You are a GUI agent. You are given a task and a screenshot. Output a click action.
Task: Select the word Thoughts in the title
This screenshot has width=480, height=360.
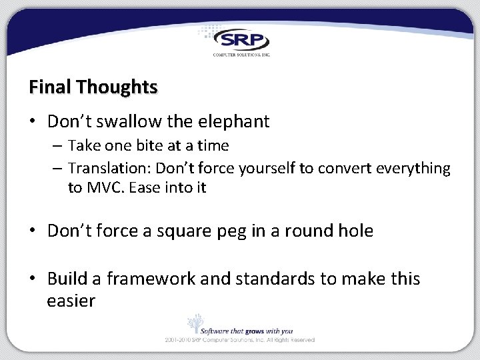(x=117, y=87)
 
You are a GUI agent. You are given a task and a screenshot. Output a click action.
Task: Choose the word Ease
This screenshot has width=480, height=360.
(x=145, y=187)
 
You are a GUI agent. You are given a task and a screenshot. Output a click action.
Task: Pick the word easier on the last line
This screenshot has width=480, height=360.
(x=71, y=301)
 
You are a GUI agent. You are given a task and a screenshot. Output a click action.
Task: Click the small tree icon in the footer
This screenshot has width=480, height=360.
(x=195, y=323)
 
